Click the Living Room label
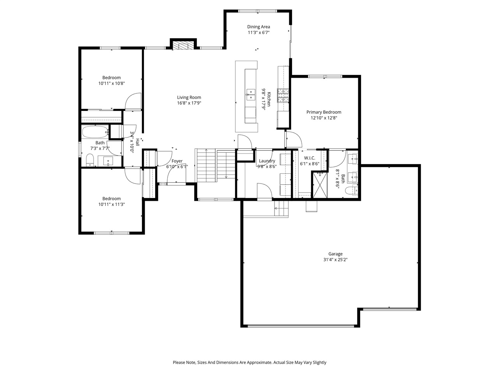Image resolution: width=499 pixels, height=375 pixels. (x=189, y=98)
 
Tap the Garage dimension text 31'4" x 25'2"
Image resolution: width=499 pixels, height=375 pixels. (x=335, y=260)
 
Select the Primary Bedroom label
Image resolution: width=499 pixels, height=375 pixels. (x=324, y=112)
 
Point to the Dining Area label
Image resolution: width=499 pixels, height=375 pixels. (x=258, y=27)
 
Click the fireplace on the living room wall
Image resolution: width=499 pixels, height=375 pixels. (x=183, y=46)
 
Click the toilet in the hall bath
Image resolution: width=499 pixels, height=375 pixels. (x=90, y=159)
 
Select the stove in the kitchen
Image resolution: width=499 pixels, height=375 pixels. (x=283, y=95)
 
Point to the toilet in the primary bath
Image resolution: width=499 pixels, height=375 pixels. (x=351, y=190)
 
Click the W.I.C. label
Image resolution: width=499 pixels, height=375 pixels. (x=310, y=158)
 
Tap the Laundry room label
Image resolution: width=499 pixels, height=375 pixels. (x=267, y=161)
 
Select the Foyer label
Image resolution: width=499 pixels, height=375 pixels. (x=177, y=161)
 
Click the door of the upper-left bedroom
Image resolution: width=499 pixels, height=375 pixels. (x=133, y=102)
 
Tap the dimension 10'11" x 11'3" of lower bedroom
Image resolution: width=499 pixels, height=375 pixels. (x=111, y=204)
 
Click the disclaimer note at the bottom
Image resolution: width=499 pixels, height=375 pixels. (x=249, y=362)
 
